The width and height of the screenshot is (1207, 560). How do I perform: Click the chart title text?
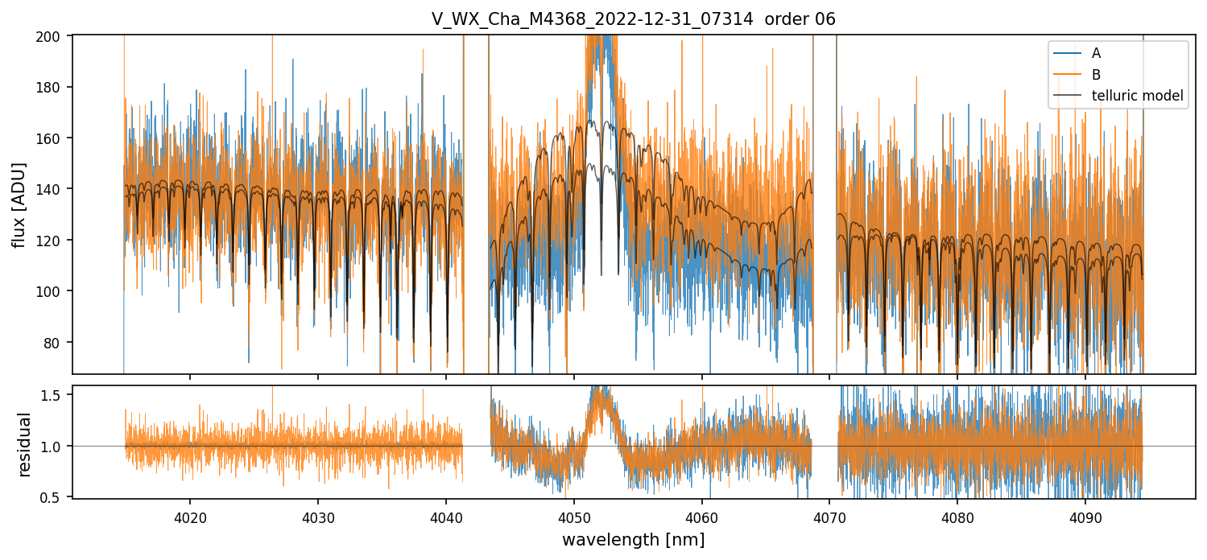click(x=634, y=19)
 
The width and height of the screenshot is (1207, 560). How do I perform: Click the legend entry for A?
click(x=1096, y=53)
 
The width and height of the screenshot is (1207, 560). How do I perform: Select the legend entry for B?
click(x=1096, y=75)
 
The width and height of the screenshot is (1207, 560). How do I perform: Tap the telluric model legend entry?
click(x=1137, y=96)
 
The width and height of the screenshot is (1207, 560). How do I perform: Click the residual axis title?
click(x=24, y=444)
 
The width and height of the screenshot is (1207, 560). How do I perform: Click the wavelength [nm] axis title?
click(x=634, y=539)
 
